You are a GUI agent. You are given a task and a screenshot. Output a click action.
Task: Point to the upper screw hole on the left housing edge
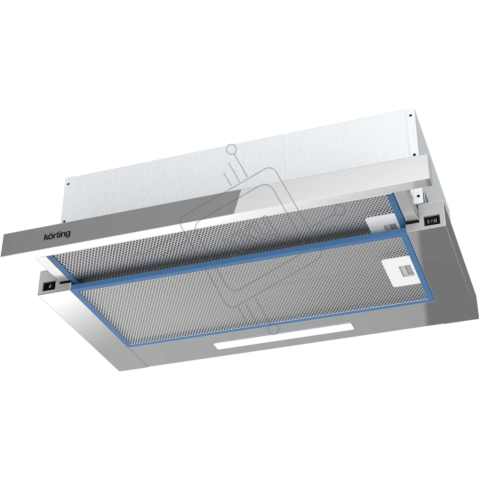(68, 184)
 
